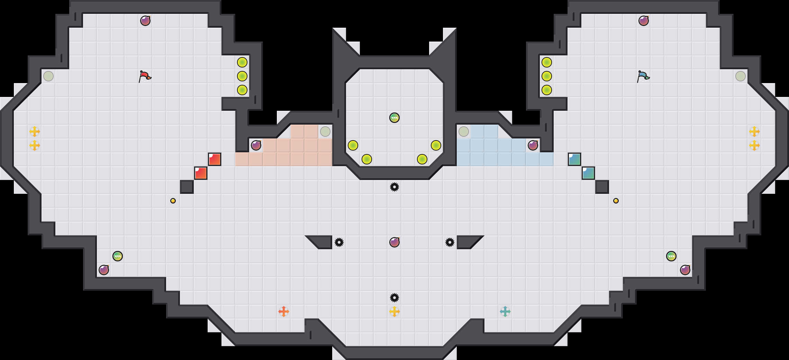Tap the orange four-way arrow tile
[x=284, y=312]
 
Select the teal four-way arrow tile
[x=505, y=312]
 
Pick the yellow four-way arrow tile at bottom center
[x=394, y=312]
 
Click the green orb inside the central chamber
[x=394, y=118]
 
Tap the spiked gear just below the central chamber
[x=394, y=187]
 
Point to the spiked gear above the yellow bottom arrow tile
[x=394, y=298]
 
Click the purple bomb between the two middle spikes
[x=394, y=242]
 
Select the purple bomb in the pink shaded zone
[x=256, y=145]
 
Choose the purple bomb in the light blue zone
[x=533, y=145]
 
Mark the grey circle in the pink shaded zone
[x=325, y=132]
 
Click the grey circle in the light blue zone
[x=464, y=132]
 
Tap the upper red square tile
[x=215, y=159]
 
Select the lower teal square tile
[x=588, y=173]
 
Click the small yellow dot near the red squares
[x=173, y=201]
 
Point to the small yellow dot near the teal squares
[x=616, y=201]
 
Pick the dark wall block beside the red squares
[x=187, y=187]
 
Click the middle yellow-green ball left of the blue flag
[x=547, y=76]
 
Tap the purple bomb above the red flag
[x=145, y=21]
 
